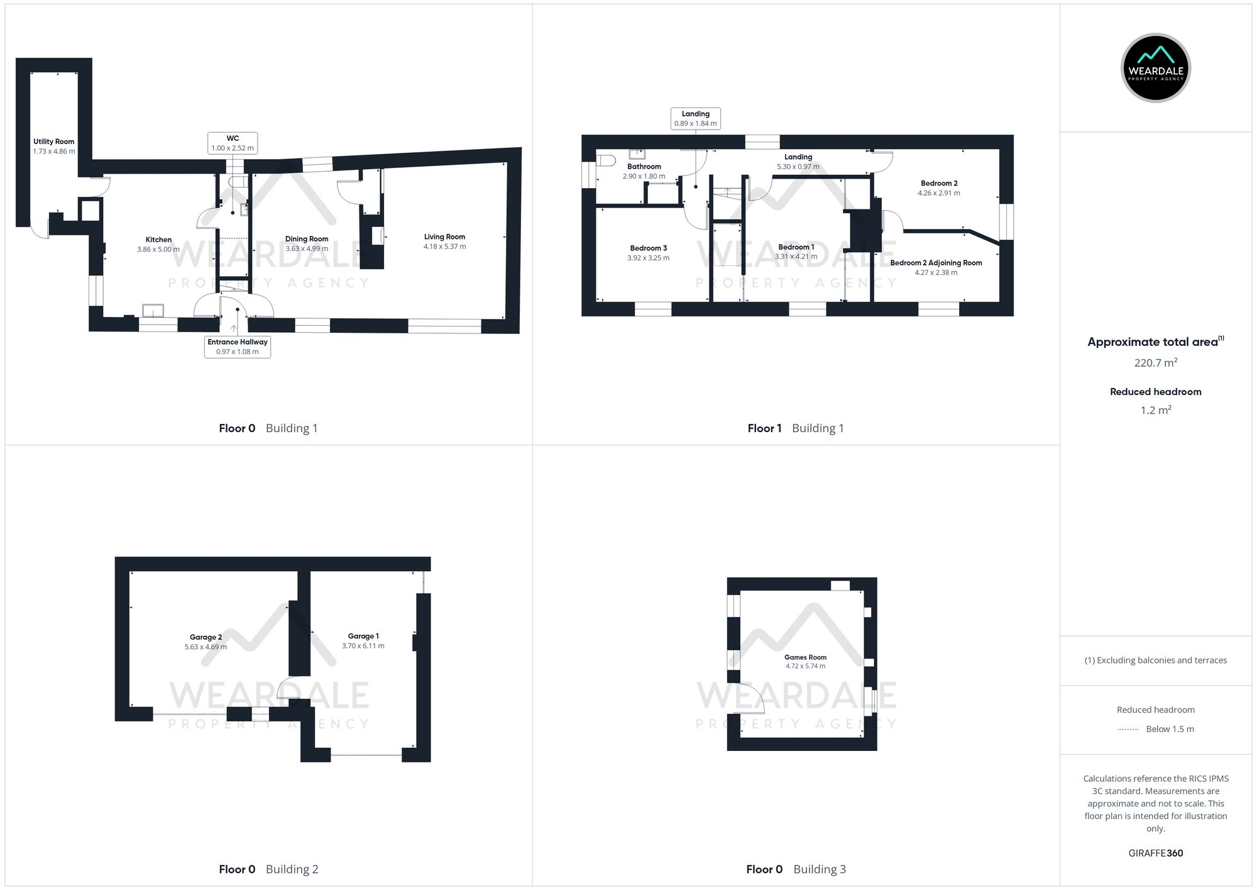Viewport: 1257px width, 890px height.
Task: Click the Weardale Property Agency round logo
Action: (x=1155, y=68)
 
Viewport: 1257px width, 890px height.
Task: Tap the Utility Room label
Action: (x=54, y=142)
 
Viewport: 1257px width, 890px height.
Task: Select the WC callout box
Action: (x=233, y=143)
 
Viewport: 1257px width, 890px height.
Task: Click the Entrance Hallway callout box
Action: (x=238, y=347)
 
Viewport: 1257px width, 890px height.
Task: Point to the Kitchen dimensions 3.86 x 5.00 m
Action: (x=158, y=250)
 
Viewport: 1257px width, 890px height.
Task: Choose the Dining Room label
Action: (x=307, y=239)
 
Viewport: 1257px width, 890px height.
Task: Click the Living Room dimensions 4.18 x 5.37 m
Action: (x=444, y=247)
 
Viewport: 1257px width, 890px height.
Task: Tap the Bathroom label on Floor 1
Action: (x=644, y=167)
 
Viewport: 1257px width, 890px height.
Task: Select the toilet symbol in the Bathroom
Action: (x=607, y=161)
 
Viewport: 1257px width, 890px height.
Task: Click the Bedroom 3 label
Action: (x=649, y=248)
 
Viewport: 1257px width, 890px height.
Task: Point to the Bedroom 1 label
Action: (x=796, y=247)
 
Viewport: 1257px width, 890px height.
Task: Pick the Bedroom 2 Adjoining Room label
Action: (x=936, y=263)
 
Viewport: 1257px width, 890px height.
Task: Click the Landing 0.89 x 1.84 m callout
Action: (x=695, y=119)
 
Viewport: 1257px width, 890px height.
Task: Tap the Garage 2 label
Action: (x=206, y=637)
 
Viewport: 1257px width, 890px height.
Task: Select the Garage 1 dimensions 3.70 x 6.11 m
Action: (x=363, y=646)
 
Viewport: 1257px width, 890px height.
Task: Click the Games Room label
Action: (x=805, y=657)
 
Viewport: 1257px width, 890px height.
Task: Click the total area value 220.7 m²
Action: (x=1155, y=363)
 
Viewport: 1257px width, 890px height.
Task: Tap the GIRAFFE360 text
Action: (x=1155, y=854)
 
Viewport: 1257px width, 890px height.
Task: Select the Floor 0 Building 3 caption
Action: (x=796, y=869)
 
